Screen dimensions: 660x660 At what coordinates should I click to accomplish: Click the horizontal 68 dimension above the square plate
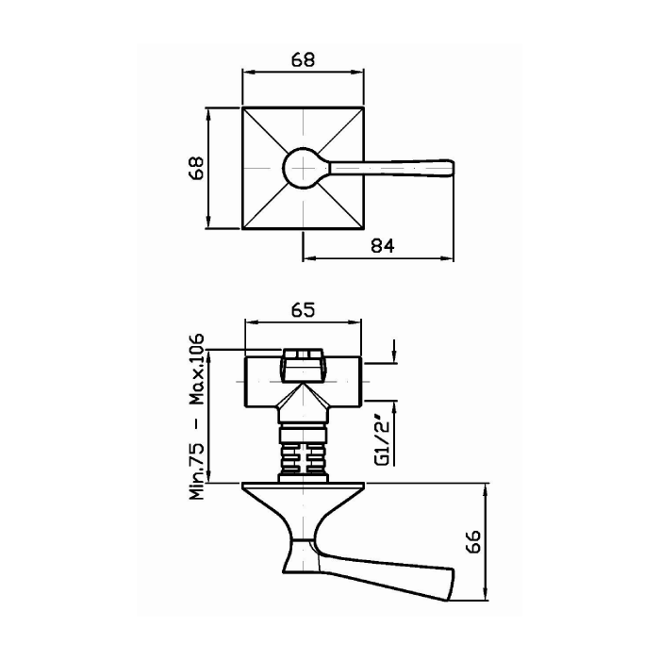(303, 59)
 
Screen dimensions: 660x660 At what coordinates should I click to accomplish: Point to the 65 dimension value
(303, 310)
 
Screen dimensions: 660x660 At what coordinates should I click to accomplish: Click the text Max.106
(196, 369)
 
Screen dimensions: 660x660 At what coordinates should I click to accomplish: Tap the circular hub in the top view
(303, 169)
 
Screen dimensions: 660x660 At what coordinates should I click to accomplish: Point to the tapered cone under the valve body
(303, 407)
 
